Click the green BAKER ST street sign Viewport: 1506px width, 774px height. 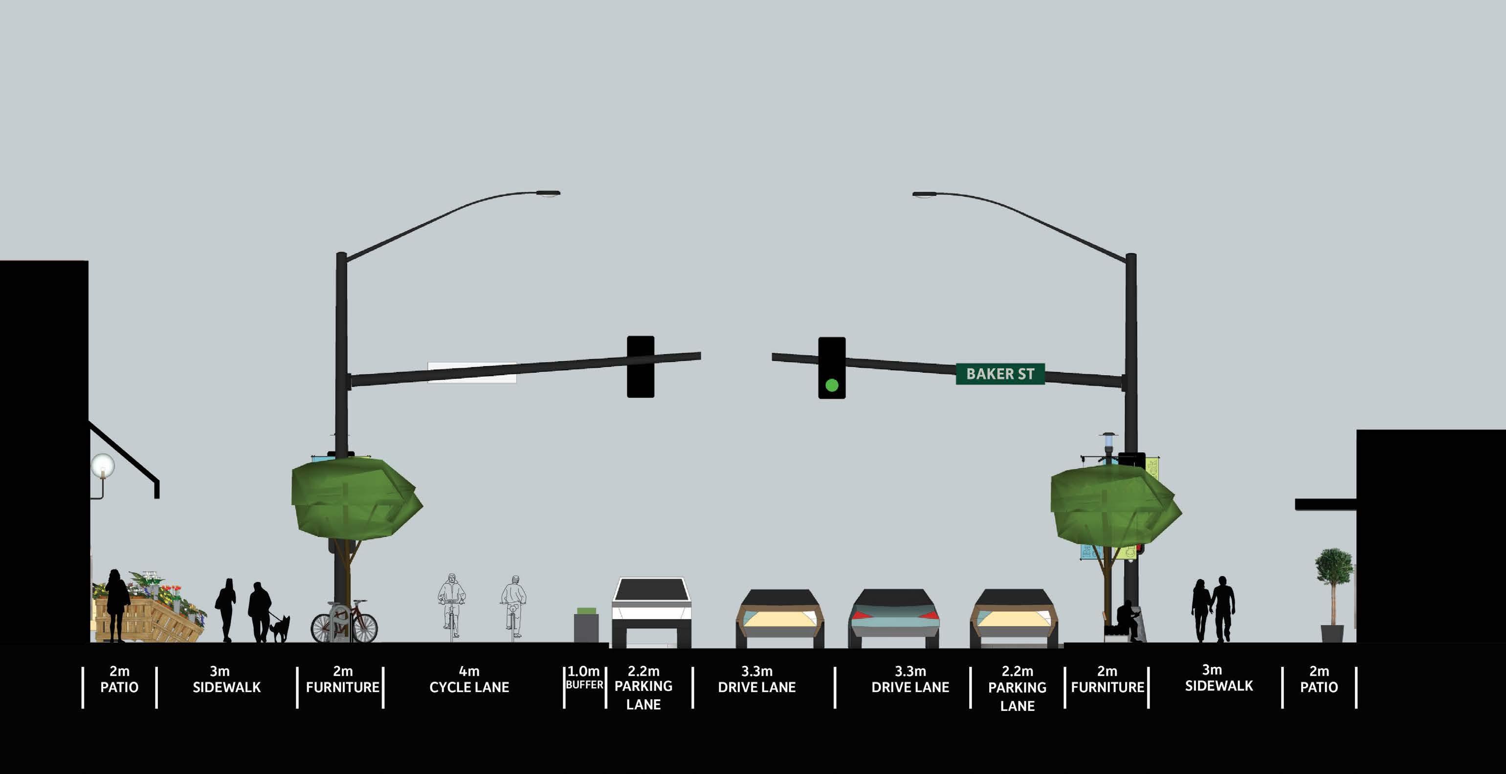click(1000, 374)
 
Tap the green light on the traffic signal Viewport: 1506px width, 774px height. click(831, 385)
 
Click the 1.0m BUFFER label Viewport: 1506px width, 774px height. click(584, 678)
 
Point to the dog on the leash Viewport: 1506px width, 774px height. click(281, 627)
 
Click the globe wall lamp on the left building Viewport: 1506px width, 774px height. click(103, 467)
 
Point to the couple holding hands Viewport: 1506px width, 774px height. click(1213, 609)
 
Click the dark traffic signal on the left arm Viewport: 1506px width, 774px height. click(640, 366)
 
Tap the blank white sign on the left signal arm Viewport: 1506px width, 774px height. click(472, 373)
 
